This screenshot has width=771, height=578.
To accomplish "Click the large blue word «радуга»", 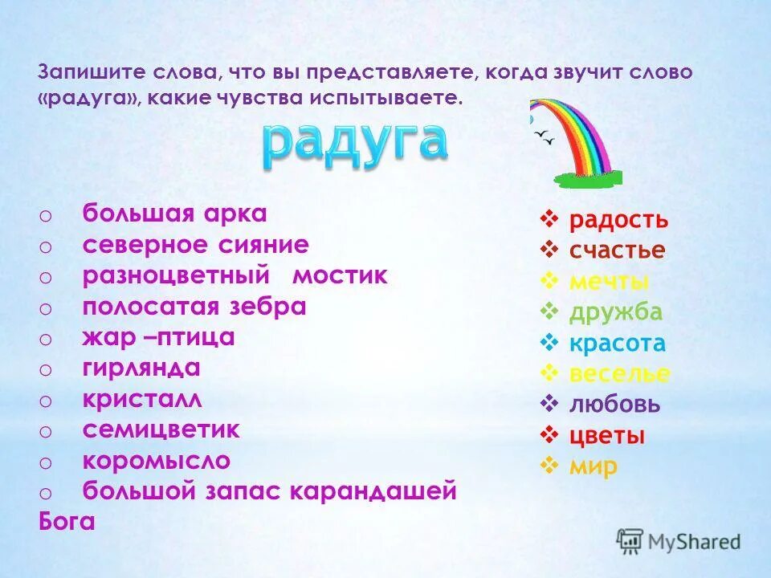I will pyautogui.click(x=354, y=144).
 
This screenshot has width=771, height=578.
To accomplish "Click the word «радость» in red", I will pyautogui.click(x=618, y=220).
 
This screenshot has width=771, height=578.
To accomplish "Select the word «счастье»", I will pyautogui.click(x=617, y=250).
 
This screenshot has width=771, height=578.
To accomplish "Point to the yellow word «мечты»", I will pyautogui.click(x=609, y=282).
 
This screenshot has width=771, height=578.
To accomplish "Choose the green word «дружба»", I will pyautogui.click(x=616, y=312).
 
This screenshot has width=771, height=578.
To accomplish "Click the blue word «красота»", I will pyautogui.click(x=618, y=344).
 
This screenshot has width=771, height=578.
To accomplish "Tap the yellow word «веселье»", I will pyautogui.click(x=619, y=374).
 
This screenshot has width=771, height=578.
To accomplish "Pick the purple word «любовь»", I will pyautogui.click(x=614, y=405).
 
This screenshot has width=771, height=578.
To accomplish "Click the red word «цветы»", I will pyautogui.click(x=607, y=436).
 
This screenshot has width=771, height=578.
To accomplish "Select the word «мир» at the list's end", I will pyautogui.click(x=594, y=466).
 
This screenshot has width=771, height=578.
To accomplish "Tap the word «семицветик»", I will pyautogui.click(x=161, y=430).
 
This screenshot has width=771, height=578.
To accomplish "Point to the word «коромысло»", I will pyautogui.click(x=156, y=462).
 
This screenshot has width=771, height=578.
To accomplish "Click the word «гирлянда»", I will pyautogui.click(x=141, y=368).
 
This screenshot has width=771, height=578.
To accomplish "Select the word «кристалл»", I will pyautogui.click(x=142, y=400).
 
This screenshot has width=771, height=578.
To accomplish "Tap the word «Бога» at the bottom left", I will pyautogui.click(x=67, y=522).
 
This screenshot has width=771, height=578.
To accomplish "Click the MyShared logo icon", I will pyautogui.click(x=630, y=541).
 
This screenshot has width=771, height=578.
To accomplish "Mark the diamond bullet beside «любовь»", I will pyautogui.click(x=550, y=404).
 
